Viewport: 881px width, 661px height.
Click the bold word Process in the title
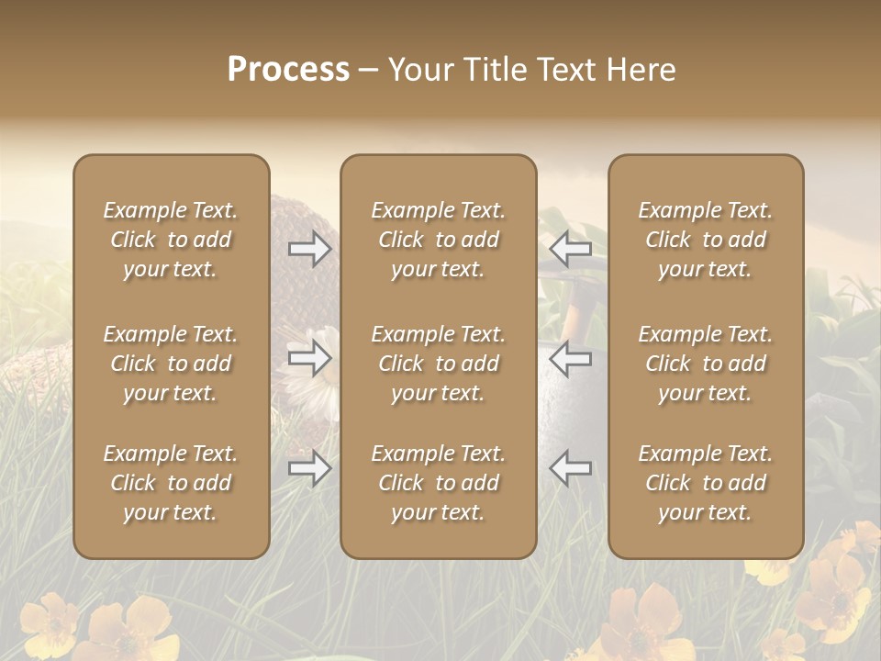tap(288, 70)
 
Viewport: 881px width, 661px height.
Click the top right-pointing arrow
tap(310, 248)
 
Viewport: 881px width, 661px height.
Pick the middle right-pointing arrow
tap(310, 358)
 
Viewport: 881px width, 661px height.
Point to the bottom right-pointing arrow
tap(310, 468)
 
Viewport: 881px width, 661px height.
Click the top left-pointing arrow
tap(570, 248)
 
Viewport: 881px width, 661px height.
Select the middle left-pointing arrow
tap(570, 358)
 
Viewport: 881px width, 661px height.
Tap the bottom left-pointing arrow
tap(570, 468)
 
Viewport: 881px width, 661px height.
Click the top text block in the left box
tap(171, 240)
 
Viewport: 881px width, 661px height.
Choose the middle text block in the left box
tap(171, 364)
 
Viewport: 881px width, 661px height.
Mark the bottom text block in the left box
tap(171, 483)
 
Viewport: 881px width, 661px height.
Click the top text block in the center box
tap(438, 240)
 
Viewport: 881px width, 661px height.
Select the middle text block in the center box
tap(438, 364)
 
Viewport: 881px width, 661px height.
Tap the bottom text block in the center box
tap(438, 483)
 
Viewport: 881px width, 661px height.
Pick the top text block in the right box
tap(705, 240)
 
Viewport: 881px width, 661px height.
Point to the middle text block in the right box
tap(705, 364)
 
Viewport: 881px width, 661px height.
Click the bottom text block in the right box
tap(705, 483)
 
